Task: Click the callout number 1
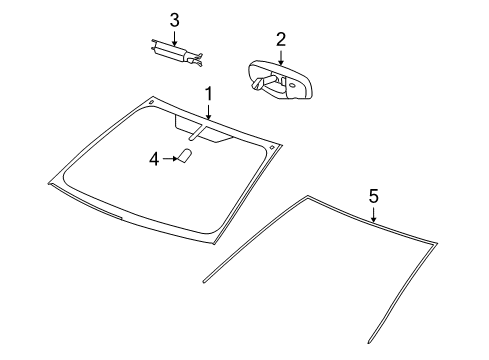click(208, 93)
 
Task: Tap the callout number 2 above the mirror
click(281, 39)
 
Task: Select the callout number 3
click(174, 19)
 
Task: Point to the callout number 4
click(153, 157)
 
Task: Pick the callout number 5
click(373, 196)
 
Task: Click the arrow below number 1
click(208, 113)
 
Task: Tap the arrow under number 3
click(174, 38)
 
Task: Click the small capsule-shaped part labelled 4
click(185, 156)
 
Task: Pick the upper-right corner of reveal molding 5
click(436, 241)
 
